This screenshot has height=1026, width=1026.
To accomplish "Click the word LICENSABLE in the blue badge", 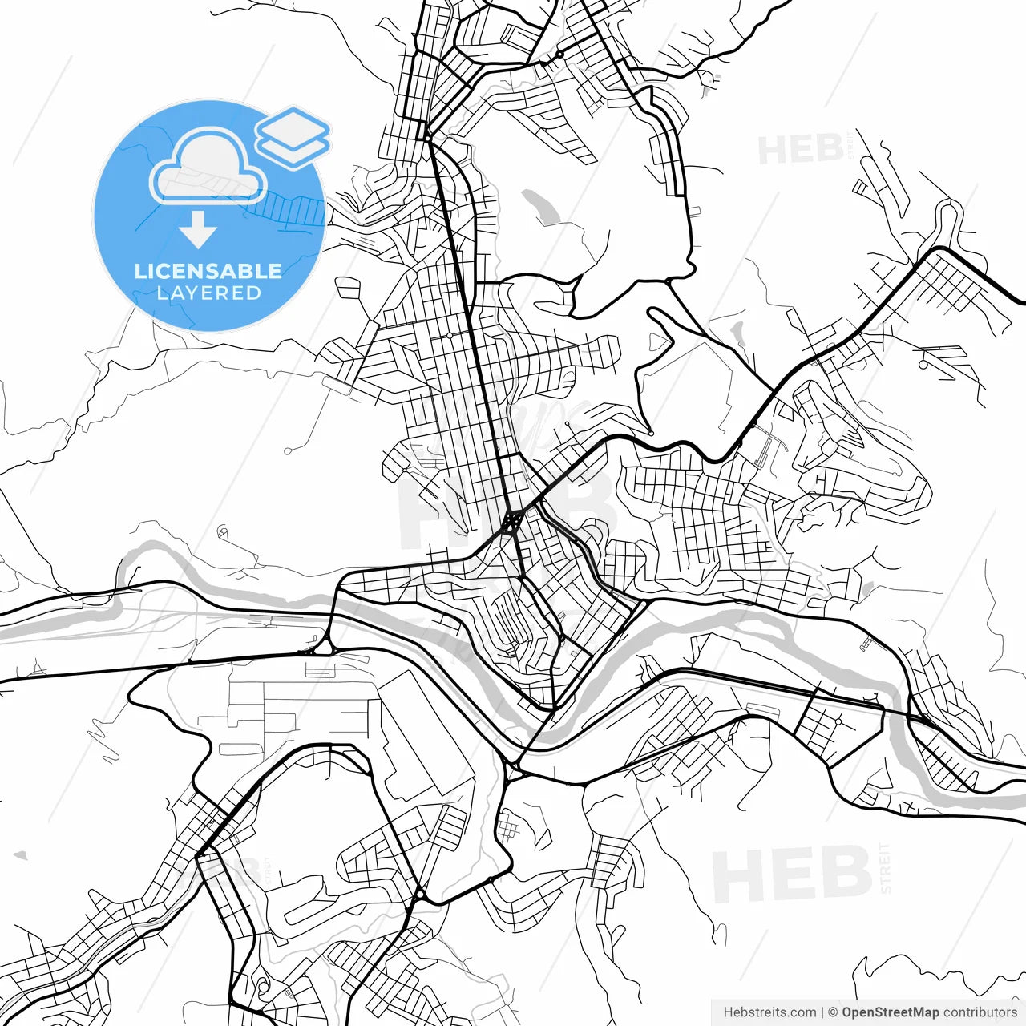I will (x=208, y=271).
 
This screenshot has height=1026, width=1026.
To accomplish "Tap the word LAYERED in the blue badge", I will (x=208, y=293).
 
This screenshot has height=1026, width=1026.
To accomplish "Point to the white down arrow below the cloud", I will (x=197, y=231).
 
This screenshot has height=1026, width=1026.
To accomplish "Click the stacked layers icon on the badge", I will (x=293, y=136).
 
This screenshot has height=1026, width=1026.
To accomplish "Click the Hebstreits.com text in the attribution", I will (x=769, y=1012).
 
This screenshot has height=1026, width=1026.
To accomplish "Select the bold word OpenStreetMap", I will (x=890, y=1012).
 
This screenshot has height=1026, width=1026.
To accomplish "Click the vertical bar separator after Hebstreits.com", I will (x=822, y=1012).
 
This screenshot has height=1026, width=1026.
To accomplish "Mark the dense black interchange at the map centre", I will (x=511, y=523).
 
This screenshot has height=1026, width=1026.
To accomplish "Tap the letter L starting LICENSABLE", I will (x=139, y=271).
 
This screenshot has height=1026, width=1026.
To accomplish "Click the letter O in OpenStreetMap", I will (x=847, y=1012).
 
